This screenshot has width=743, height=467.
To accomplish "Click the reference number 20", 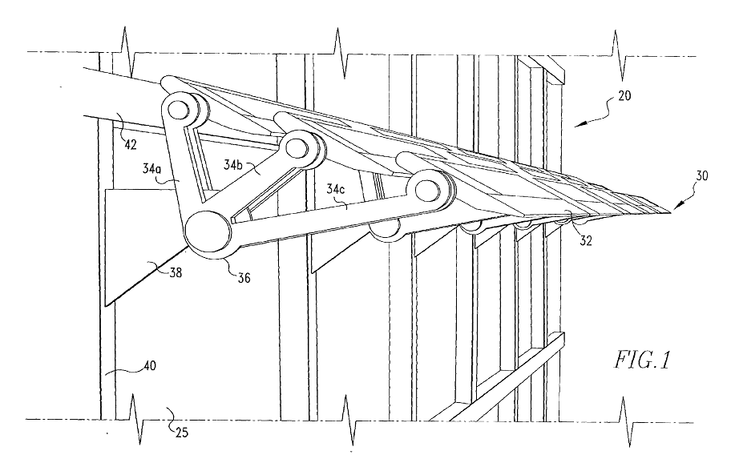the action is coord(625,95).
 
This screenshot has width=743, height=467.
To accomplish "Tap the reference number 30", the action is coord(702,175).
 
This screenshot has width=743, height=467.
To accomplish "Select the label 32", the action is coord(586,240).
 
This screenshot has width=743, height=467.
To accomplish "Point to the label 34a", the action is coord(152,168).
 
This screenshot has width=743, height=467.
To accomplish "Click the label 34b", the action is coord(233,164).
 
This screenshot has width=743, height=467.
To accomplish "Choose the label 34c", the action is coord(336,190).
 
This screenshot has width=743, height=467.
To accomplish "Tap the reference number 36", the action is coord(244,277).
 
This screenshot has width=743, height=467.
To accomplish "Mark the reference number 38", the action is coord(176,272).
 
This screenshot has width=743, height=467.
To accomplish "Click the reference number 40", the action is coord(150,365).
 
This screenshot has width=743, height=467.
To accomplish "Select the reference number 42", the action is coord(131,144).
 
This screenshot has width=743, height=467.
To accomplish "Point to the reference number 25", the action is coord(181,432).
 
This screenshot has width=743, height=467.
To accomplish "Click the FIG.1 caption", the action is coord(643,360).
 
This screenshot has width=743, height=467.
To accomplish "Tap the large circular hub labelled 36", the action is coord(208,231).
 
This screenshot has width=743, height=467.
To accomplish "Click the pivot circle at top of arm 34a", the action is coord(179,110).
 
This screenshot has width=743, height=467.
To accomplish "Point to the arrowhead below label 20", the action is coord(581,124).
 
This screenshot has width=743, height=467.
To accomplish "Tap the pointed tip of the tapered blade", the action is coord(671,212).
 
